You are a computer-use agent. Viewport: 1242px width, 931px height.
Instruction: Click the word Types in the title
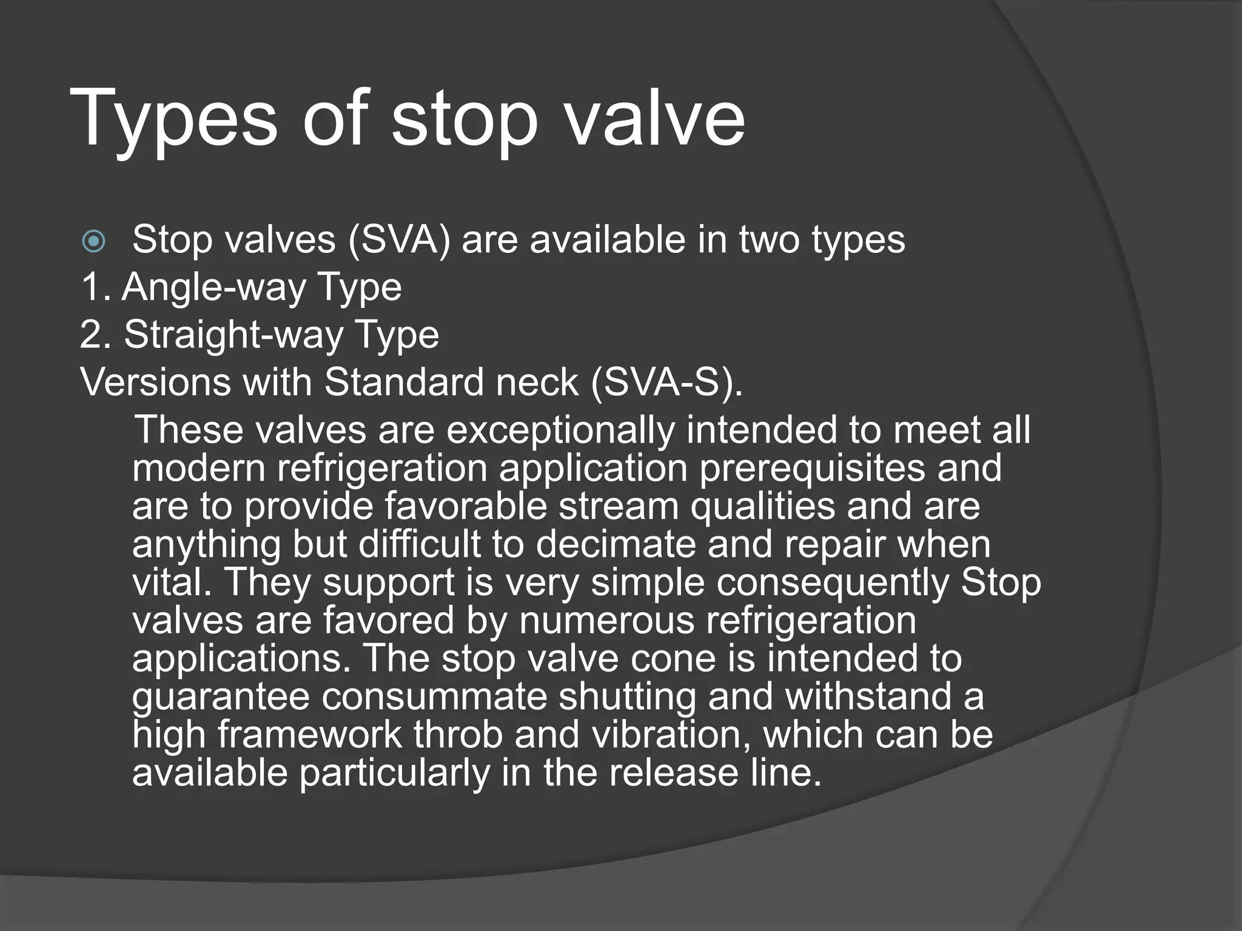coord(173,118)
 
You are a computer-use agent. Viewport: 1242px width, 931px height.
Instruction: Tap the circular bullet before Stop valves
coord(94,242)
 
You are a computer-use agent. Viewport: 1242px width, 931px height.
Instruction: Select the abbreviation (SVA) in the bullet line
coord(399,239)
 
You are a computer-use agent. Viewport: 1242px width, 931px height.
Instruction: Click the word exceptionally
coord(560,430)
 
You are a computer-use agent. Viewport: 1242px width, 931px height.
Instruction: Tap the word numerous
coord(606,621)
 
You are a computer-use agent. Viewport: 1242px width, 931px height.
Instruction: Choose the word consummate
coord(434,696)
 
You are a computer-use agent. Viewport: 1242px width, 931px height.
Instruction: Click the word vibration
coord(666,735)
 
